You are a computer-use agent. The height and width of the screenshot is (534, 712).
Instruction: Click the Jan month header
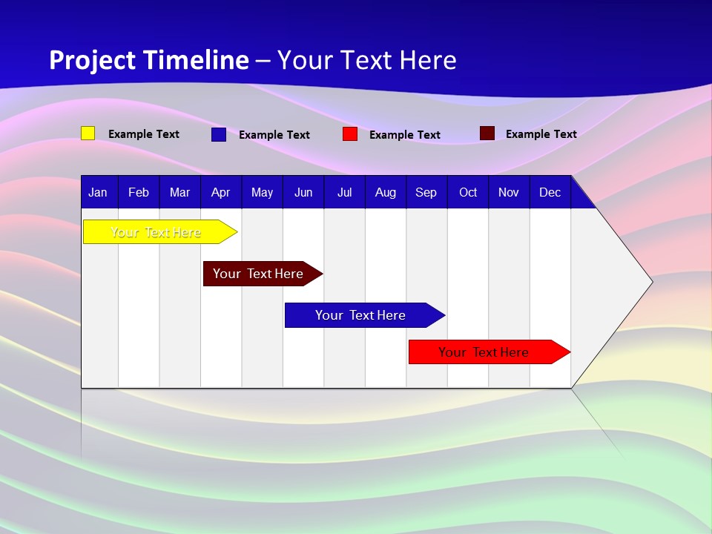tap(98, 192)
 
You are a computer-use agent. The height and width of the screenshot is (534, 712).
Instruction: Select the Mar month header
tap(179, 192)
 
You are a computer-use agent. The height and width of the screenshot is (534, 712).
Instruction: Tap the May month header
tap(262, 192)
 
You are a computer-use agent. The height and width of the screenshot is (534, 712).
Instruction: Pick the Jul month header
tap(344, 192)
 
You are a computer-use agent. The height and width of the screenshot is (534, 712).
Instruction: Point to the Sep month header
tap(426, 192)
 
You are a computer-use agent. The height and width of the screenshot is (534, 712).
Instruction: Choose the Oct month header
tap(468, 192)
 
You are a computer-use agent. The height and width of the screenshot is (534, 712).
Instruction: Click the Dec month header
tap(550, 192)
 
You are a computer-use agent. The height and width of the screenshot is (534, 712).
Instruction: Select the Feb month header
tap(139, 192)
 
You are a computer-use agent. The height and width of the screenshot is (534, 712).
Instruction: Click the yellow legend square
tap(88, 133)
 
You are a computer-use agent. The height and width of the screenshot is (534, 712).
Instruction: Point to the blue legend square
tap(219, 134)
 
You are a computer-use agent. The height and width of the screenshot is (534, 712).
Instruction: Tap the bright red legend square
tap(350, 134)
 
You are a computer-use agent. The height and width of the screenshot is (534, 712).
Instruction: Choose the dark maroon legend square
tap(487, 133)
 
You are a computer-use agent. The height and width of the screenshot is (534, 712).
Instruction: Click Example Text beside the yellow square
tap(144, 134)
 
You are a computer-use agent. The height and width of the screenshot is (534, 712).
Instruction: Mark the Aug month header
tap(385, 192)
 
